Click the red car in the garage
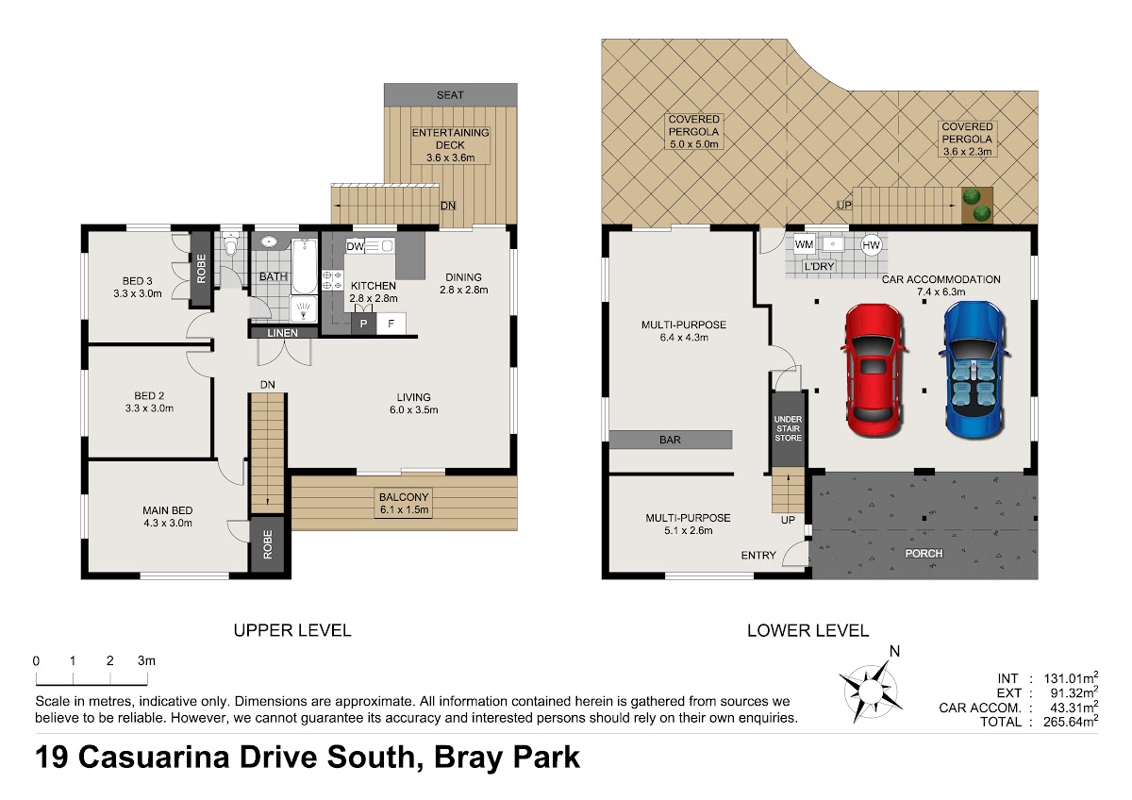[x=874, y=370]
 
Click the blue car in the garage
[x=974, y=370]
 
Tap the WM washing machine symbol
[x=804, y=244]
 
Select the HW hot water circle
[x=872, y=245]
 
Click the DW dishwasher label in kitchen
[x=356, y=246]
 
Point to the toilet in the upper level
[x=230, y=244]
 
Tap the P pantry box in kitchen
[x=364, y=324]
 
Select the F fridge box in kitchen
[x=391, y=324]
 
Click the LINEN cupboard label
[x=282, y=332]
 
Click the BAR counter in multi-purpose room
[x=670, y=440]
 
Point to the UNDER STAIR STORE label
[x=788, y=428]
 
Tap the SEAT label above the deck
[x=450, y=95]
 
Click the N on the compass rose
[x=894, y=652]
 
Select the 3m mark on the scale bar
[x=146, y=660]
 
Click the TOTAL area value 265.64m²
[x=1071, y=721]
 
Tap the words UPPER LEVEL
[x=292, y=630]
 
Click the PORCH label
[x=924, y=554]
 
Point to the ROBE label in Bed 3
[x=201, y=269]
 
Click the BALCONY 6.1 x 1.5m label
[x=404, y=504]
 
